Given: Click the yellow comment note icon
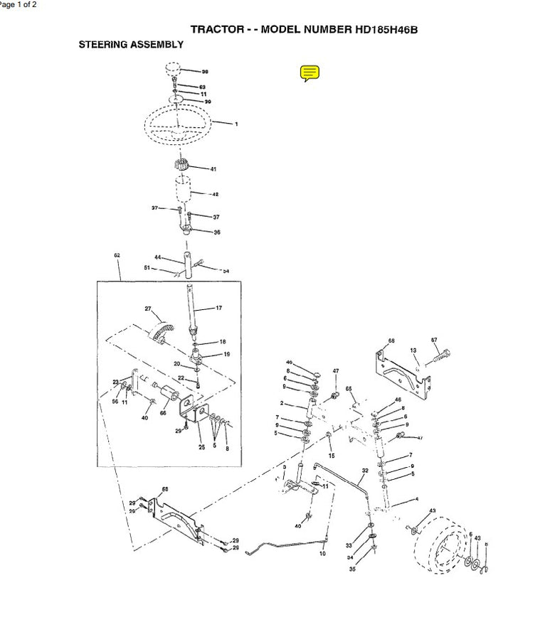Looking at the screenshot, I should [x=310, y=73].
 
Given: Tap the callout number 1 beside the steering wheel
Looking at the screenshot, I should [x=236, y=124].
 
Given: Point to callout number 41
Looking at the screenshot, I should [x=213, y=169].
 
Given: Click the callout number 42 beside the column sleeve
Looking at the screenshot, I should [x=215, y=194].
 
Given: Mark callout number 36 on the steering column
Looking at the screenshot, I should [x=217, y=232].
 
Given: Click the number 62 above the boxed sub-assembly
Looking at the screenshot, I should [x=117, y=254].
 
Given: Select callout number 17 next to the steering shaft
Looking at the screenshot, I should [x=218, y=308].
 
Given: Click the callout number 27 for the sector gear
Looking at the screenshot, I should [x=148, y=309].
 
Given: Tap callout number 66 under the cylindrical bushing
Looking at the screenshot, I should [x=163, y=413].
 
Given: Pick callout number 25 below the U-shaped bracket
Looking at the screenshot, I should [x=201, y=447].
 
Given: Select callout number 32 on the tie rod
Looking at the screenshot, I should [x=365, y=471].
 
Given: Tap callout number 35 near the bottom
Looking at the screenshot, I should [x=351, y=569].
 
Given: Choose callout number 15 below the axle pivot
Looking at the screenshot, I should [x=331, y=455].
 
